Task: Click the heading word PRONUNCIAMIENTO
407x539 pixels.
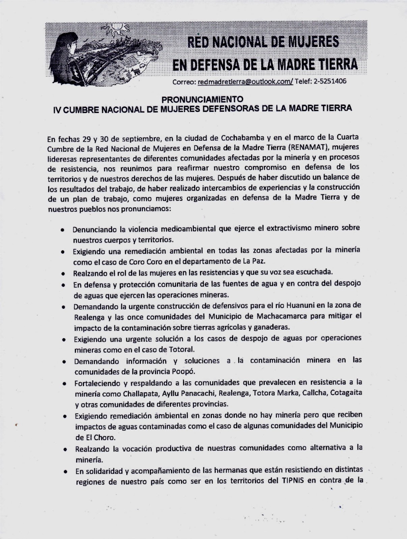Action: point(202,99)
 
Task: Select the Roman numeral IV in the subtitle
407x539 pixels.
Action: point(58,108)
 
